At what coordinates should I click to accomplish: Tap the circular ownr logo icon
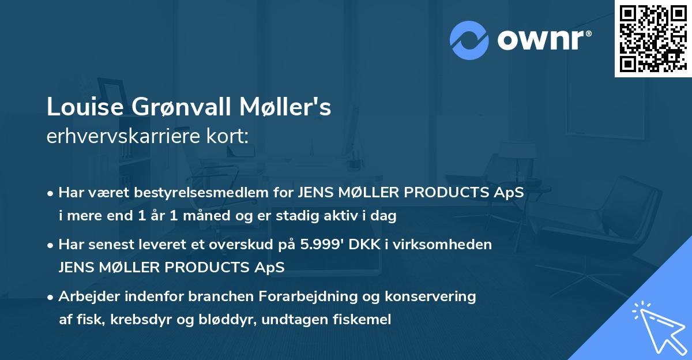(469, 40)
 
